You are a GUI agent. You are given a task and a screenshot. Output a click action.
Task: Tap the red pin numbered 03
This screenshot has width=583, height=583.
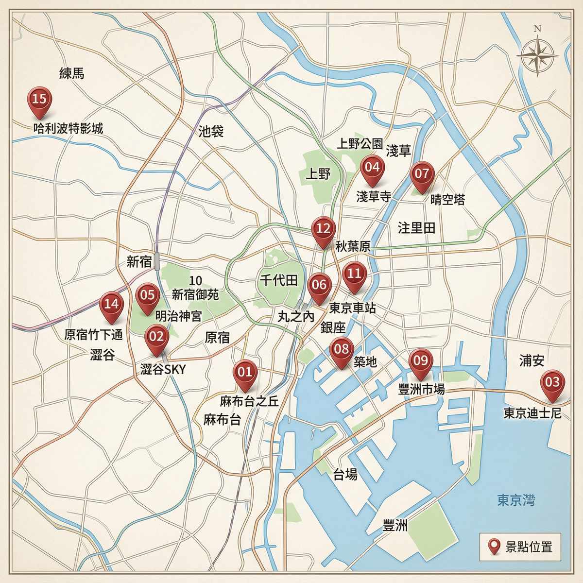pos(552,382)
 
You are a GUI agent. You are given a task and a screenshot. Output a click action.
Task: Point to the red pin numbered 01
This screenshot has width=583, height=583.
pos(245,373)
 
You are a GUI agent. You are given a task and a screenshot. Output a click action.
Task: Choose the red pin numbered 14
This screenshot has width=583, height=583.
pos(111,305)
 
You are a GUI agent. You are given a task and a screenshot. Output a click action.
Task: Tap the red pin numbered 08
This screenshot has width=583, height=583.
pos(342,349)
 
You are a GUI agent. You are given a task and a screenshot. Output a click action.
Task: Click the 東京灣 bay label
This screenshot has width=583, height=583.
pos(515,500)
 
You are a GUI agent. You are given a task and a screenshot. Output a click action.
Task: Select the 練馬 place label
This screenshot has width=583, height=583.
pos(72,73)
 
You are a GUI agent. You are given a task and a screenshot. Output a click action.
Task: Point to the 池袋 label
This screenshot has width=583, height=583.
pos(211,131)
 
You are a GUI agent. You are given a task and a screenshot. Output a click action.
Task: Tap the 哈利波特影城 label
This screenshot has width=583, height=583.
pos(68,129)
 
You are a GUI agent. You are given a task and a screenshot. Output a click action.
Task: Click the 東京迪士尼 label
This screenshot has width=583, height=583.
pos(532,413)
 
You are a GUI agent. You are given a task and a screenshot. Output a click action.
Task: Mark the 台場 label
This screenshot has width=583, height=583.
pos(345,475)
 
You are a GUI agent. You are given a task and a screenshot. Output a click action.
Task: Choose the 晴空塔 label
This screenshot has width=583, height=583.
pos(447,199)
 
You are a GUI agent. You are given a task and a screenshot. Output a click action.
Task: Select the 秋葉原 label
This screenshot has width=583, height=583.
pos(353,246)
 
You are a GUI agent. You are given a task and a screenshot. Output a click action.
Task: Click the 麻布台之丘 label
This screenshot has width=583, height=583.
pos(249,402)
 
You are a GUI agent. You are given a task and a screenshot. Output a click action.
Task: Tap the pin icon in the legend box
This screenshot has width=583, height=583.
pos(495,547)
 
